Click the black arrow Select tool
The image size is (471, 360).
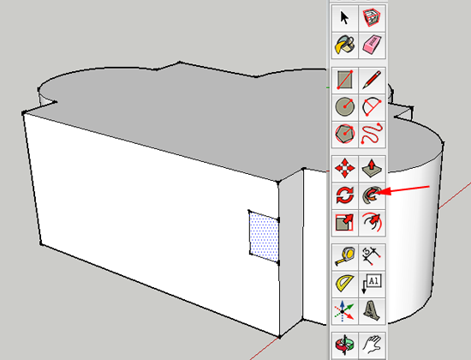click(x=344, y=17)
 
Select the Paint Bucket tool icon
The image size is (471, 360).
click(x=345, y=45)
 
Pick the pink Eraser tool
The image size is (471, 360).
click(x=372, y=45)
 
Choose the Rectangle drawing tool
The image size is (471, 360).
click(x=345, y=80)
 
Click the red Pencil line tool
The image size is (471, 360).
click(x=372, y=80)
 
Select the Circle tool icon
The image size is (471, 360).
click(x=345, y=107)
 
